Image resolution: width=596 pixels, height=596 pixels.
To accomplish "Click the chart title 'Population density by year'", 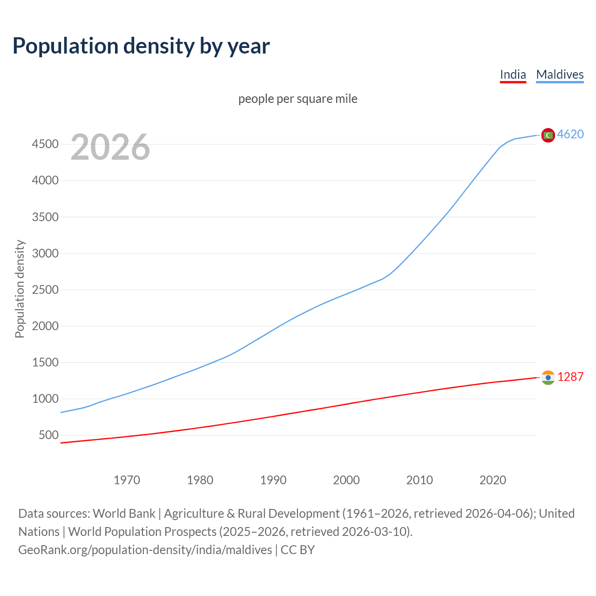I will [x=141, y=46].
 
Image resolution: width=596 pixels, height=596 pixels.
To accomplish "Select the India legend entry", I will [x=513, y=74].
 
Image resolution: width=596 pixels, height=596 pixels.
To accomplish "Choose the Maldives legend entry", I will [x=560, y=74].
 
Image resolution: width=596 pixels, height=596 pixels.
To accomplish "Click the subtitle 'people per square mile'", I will [x=298, y=99].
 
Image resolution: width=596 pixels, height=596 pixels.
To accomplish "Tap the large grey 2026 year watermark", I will [x=110, y=147].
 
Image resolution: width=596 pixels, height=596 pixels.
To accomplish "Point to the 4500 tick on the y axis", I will [x=45, y=144].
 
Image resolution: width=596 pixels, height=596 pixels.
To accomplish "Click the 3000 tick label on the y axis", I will [x=45, y=253].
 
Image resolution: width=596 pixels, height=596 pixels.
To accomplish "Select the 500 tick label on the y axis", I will [x=48, y=435].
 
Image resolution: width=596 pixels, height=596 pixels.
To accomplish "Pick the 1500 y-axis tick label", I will [x=45, y=362].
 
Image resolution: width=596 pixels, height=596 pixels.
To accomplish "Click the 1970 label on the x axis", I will [x=127, y=480].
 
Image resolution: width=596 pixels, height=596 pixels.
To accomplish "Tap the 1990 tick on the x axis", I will [x=273, y=480].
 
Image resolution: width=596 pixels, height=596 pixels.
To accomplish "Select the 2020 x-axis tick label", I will [x=493, y=480].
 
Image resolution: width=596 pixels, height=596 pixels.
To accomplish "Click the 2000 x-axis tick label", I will [x=346, y=480].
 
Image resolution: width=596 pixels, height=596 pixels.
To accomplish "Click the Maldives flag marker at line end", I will [x=548, y=135].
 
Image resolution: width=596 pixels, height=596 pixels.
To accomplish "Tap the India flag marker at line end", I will [x=548, y=378].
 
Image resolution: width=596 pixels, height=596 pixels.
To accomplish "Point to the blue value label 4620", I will [x=570, y=134].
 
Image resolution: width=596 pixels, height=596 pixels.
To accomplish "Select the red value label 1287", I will [x=570, y=377].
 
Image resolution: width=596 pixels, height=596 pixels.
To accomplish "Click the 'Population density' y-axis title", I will [x=20, y=289].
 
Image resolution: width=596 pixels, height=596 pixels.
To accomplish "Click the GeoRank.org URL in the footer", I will [x=145, y=550].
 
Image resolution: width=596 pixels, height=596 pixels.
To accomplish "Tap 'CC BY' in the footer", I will [x=298, y=550].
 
